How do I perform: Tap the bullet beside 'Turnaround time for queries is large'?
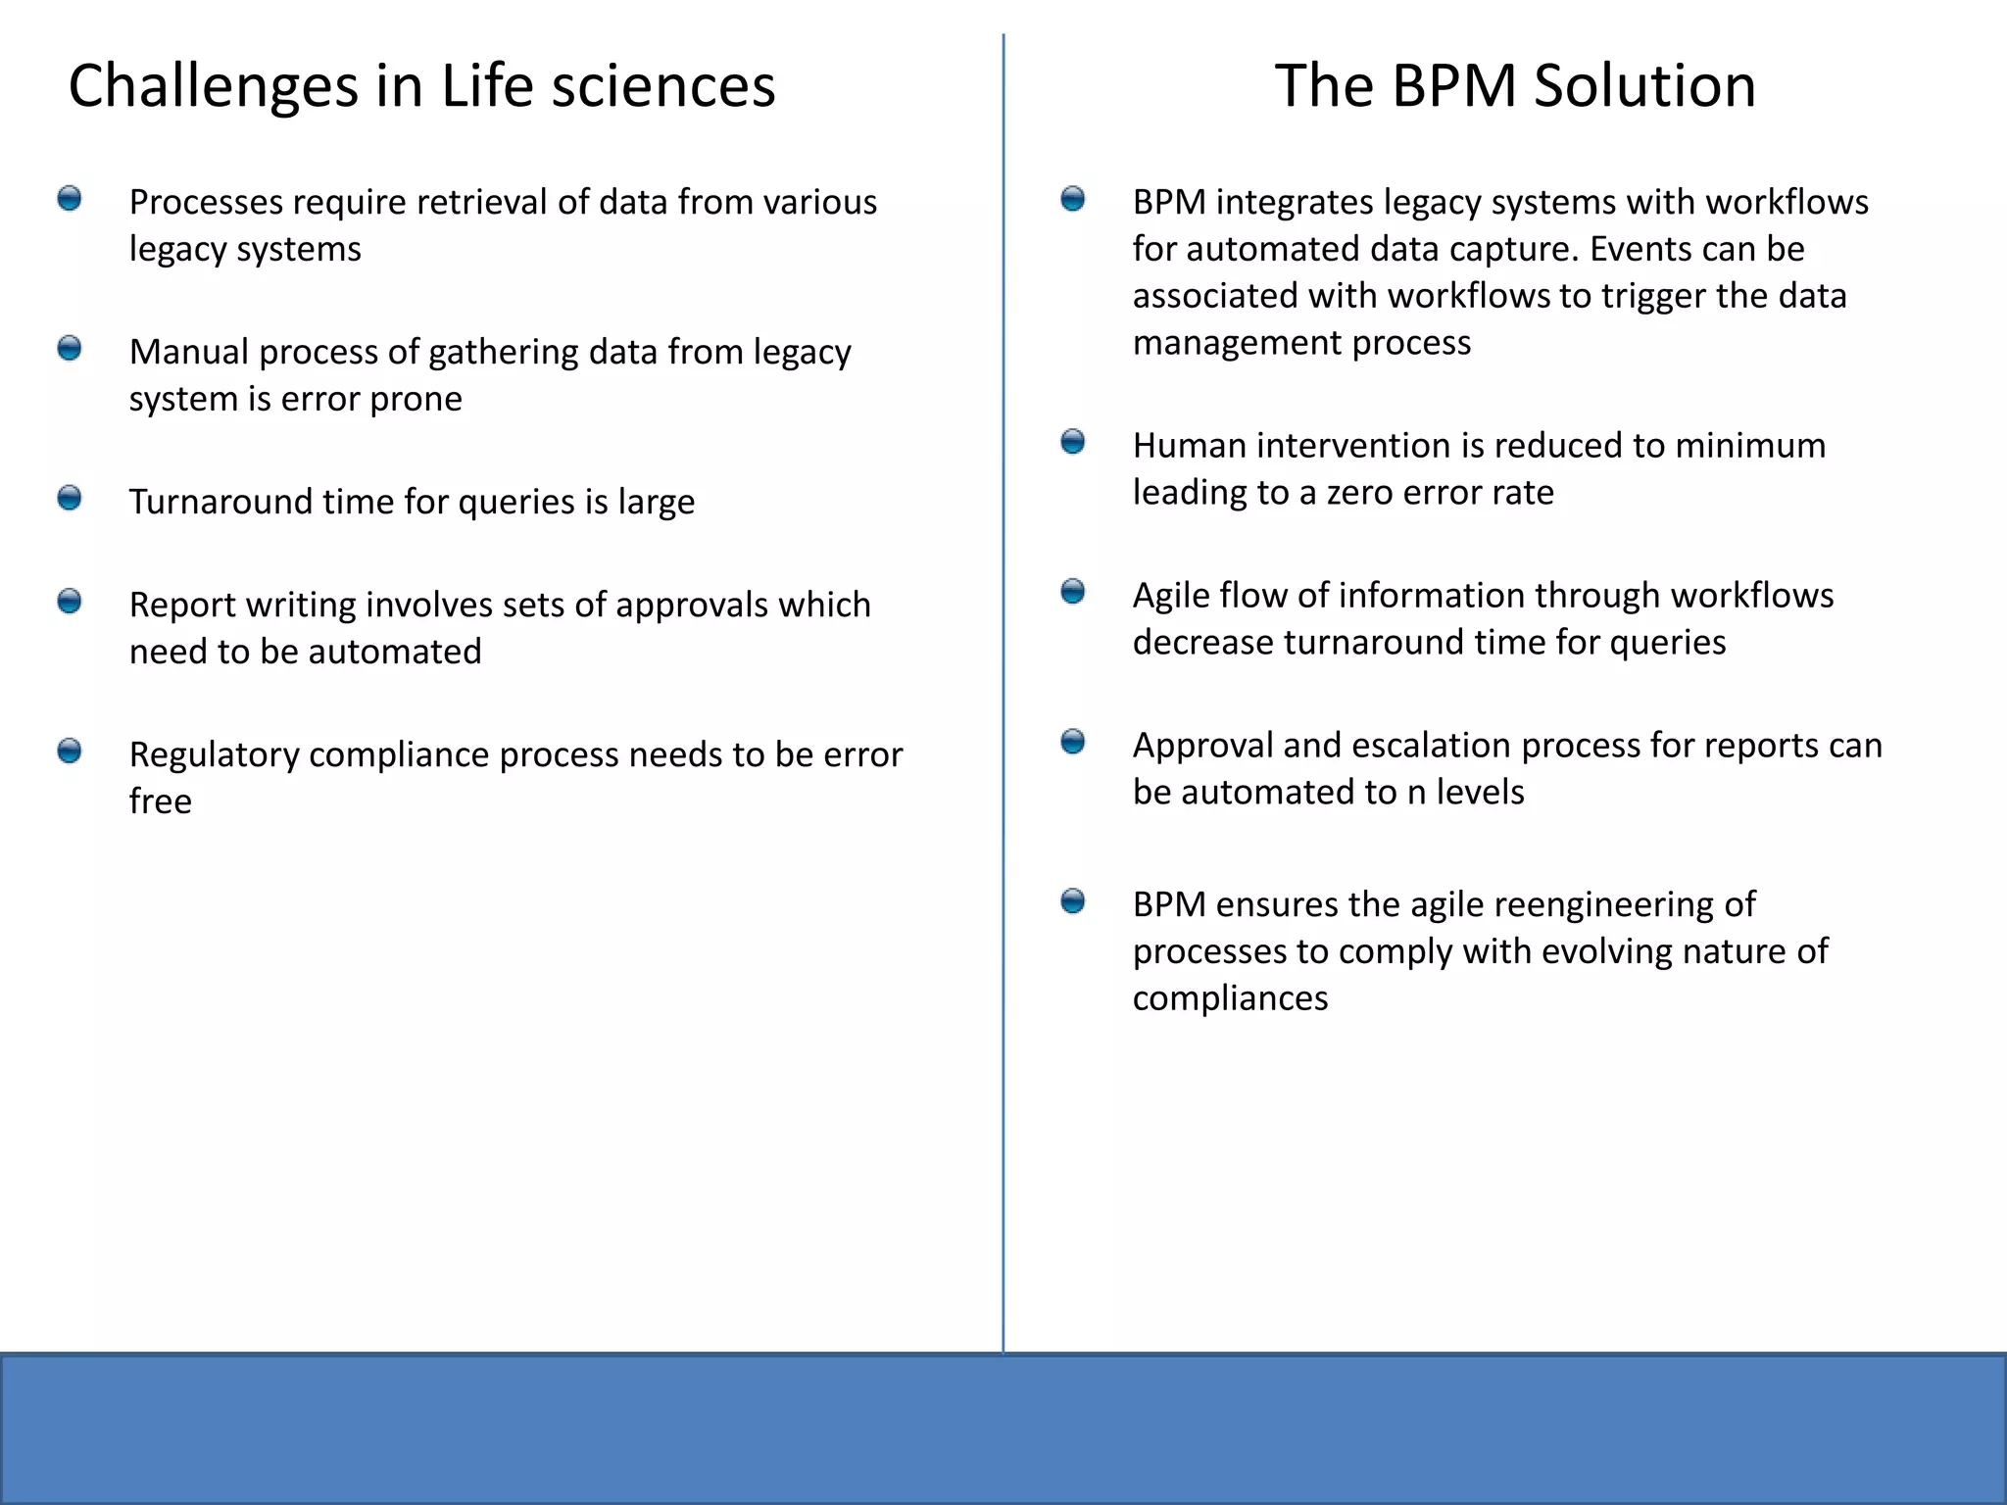(x=70, y=499)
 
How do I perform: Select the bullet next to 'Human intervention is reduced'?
(x=1073, y=442)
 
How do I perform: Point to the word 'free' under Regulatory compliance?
(x=160, y=801)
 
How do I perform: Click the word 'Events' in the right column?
(x=1642, y=250)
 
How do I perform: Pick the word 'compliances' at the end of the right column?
(x=1230, y=998)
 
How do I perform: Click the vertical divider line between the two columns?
(x=1003, y=686)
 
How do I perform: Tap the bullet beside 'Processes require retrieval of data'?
(x=70, y=199)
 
